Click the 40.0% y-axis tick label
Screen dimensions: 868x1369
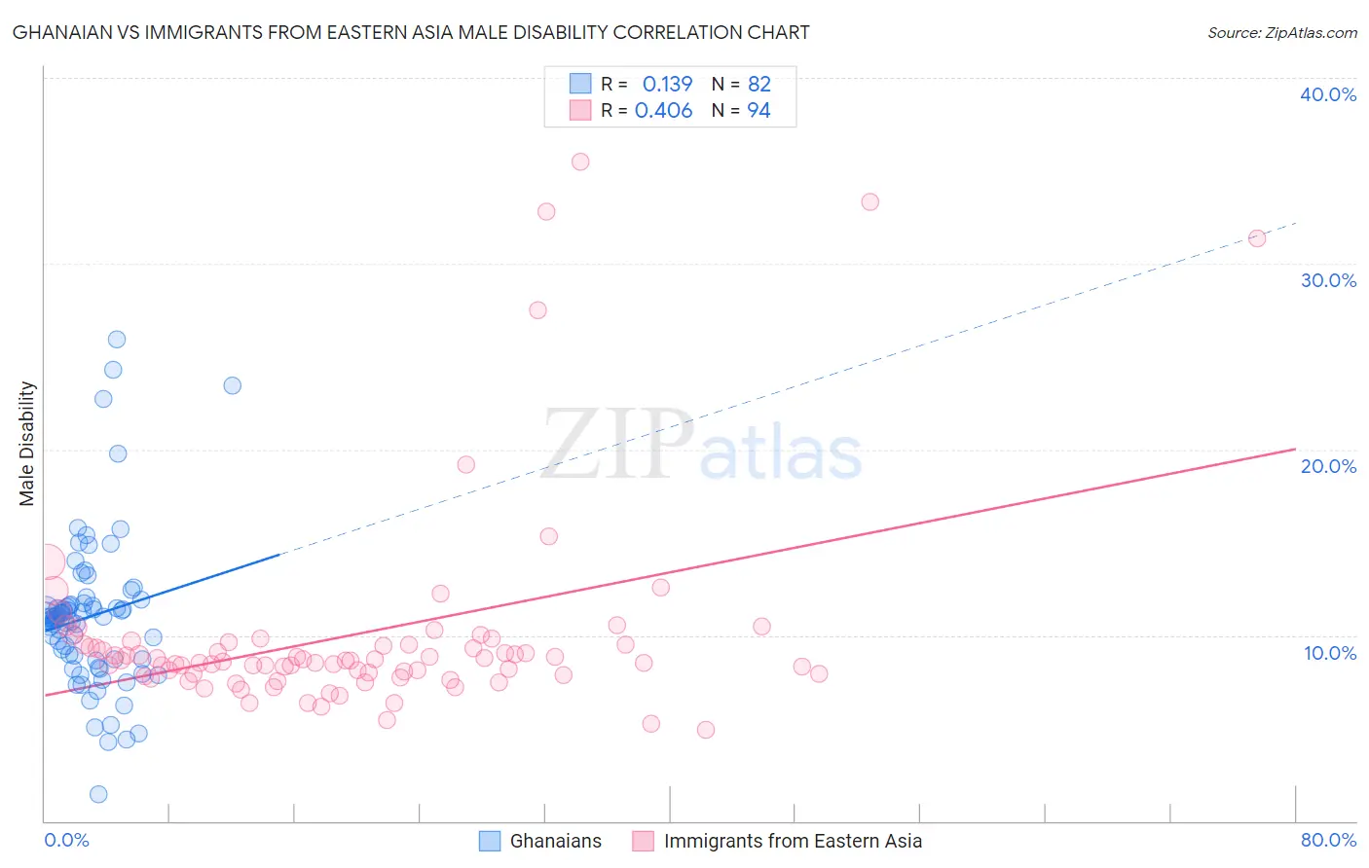point(1328,94)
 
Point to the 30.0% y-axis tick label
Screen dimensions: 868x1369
point(1328,280)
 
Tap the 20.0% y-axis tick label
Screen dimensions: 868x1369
point(1328,466)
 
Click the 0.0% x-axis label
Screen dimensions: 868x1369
point(66,840)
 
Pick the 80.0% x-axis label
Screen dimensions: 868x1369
point(1328,840)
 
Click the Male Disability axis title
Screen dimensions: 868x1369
point(26,444)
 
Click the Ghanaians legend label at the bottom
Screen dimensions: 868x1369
point(555,841)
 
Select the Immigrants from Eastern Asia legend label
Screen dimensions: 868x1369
point(793,841)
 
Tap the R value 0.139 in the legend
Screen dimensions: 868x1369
point(667,85)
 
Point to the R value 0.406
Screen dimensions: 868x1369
point(663,111)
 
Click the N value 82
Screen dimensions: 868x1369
point(759,85)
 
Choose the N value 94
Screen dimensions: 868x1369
point(758,111)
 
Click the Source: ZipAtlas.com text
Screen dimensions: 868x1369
point(1281,33)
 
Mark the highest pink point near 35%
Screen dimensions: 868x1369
point(580,162)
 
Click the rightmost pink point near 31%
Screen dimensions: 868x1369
point(1257,238)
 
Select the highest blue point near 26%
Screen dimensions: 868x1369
point(117,340)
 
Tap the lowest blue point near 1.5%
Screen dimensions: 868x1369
point(98,794)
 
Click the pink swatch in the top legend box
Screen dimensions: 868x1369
point(580,110)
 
